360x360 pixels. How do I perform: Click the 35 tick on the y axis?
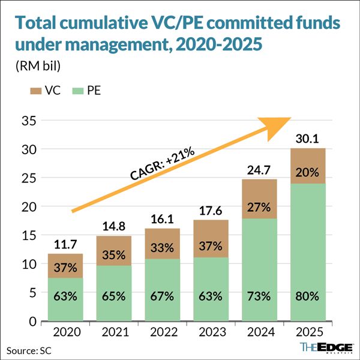pyautogui.click(x=28, y=121)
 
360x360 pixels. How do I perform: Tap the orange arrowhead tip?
pyautogui.click(x=290, y=118)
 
